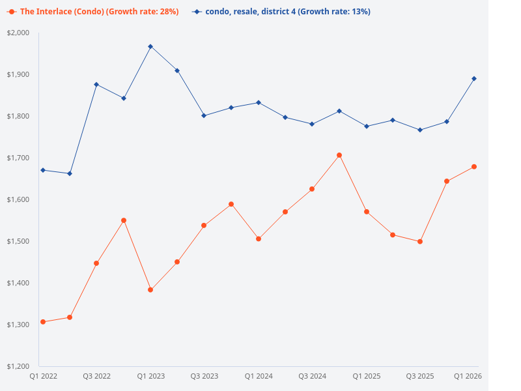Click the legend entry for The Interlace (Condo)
[92, 12]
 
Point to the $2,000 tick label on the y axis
[18, 33]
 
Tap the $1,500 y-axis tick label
[18, 241]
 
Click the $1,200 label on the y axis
[18, 366]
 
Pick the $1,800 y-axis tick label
[18, 116]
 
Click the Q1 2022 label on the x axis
[44, 376]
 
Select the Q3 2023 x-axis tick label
[204, 376]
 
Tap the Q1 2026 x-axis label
[468, 376]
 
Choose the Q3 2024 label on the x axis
[312, 376]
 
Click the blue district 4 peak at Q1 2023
[150, 46]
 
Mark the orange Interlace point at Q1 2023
[150, 289]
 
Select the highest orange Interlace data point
[339, 155]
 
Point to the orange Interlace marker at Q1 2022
[43, 322]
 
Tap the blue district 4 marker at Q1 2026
[474, 79]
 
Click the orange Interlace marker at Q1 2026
[474, 167]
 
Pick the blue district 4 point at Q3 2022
[96, 85]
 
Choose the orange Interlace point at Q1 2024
[259, 239]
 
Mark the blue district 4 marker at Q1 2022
[43, 170]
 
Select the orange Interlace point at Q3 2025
[420, 242]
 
